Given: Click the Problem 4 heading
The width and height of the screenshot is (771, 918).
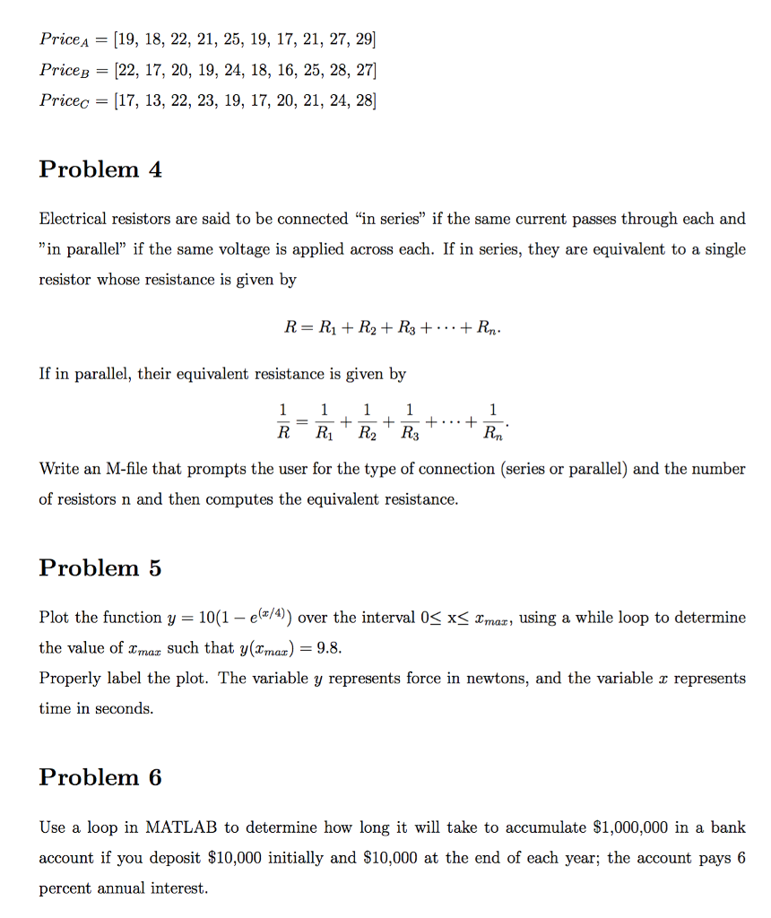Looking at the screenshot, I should (100, 169).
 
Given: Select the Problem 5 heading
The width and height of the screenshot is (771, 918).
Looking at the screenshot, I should (100, 568).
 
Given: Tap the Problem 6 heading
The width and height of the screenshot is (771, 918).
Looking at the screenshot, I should (100, 777).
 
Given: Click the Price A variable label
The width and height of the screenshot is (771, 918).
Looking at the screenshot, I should (67, 39).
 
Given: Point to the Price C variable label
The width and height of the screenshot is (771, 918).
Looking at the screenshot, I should (67, 100).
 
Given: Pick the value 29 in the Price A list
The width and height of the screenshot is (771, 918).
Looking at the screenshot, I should (361, 39).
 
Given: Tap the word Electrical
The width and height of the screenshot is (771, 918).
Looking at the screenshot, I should (73, 219).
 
